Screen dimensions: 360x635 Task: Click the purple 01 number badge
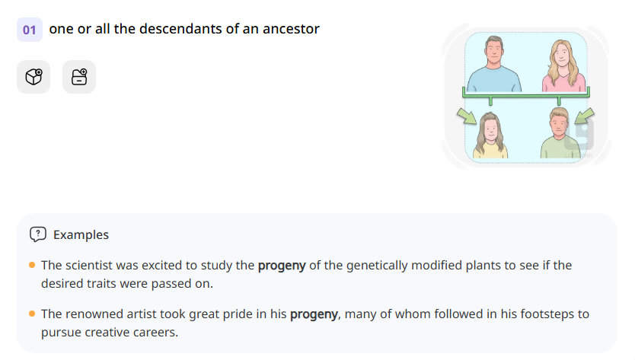click(30, 30)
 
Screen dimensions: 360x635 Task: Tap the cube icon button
click(34, 77)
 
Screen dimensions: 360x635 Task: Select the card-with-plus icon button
click(79, 77)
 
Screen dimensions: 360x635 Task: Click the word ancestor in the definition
click(293, 29)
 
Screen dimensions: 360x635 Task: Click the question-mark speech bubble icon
click(38, 234)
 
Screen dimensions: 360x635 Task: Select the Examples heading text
click(81, 234)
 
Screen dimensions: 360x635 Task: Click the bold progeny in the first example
click(282, 266)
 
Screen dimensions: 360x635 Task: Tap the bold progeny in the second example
click(314, 314)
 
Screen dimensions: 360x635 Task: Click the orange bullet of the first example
click(32, 266)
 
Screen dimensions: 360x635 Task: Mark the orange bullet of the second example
click(32, 314)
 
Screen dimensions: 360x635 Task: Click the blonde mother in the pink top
click(563, 65)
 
